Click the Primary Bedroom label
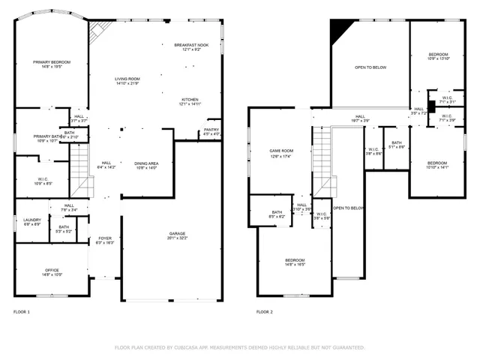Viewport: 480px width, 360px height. coord(51,64)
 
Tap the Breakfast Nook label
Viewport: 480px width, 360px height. coord(190,47)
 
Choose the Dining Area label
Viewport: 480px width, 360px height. coord(145,165)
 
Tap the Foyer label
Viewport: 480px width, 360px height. coord(104,241)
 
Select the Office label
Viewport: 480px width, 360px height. coord(52,272)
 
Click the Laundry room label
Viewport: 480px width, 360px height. coord(31,221)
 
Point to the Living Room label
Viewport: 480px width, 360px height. coord(127,81)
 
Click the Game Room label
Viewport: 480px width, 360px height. coord(280,153)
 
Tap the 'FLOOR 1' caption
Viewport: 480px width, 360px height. coord(22,311)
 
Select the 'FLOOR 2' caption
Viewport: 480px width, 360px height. coord(265,311)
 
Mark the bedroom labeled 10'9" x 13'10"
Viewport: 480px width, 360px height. coord(439,56)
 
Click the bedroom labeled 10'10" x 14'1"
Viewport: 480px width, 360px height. coord(437,165)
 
